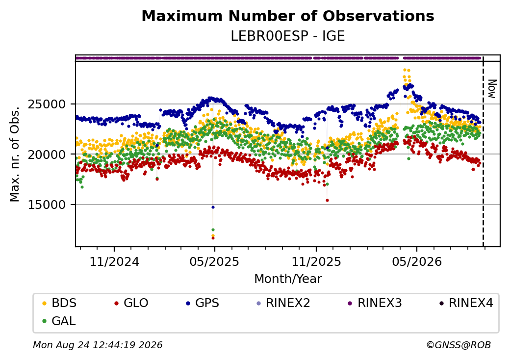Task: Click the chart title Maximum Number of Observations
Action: (x=288, y=16)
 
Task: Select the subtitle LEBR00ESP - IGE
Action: (x=288, y=36)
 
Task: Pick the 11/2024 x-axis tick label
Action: (x=114, y=262)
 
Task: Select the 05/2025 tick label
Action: (x=214, y=262)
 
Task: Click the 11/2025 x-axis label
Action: (x=316, y=262)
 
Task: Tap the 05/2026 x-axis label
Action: (x=417, y=262)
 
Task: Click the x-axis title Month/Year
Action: (x=288, y=279)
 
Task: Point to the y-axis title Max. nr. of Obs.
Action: (x=14, y=154)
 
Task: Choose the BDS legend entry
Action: (x=59, y=303)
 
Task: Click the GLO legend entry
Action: (x=131, y=303)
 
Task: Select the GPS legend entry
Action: (x=203, y=303)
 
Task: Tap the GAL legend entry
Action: (x=59, y=321)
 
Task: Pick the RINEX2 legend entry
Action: (x=283, y=303)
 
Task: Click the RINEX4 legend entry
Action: (x=466, y=303)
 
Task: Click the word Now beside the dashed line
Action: (x=492, y=89)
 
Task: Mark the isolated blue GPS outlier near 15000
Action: (x=213, y=207)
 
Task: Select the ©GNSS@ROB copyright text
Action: (x=459, y=345)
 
